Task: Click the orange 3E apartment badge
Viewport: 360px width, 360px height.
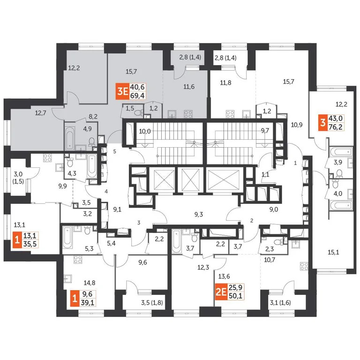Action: point(123,91)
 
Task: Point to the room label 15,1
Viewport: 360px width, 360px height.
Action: point(333,252)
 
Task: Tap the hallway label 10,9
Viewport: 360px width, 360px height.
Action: point(297,125)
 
